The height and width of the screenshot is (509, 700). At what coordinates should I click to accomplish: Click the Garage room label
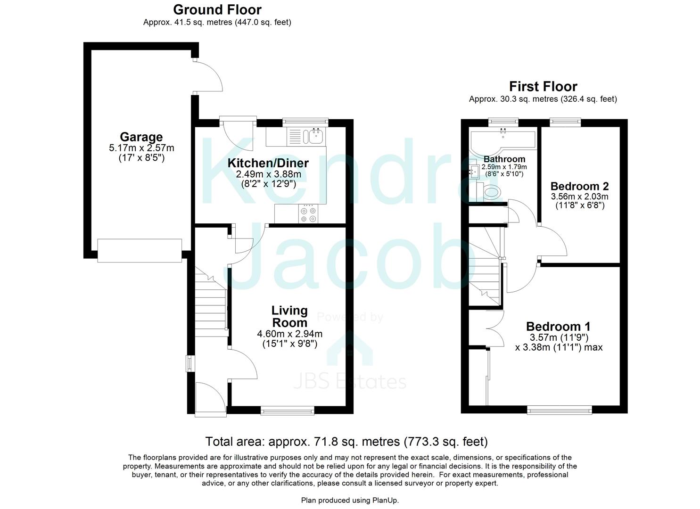pos(141,137)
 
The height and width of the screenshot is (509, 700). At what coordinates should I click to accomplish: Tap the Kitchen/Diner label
pos(268,163)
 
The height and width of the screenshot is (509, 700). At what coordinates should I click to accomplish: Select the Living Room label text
pos(289,317)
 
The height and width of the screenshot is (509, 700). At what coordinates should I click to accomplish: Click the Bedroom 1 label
pos(558,326)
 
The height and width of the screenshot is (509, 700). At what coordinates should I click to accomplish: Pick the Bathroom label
pos(504,159)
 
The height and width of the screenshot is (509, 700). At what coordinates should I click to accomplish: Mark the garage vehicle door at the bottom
pos(140,250)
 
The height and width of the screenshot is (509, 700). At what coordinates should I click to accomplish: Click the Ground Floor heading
pos(217,9)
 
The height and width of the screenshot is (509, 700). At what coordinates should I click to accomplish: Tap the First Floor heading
pos(543,86)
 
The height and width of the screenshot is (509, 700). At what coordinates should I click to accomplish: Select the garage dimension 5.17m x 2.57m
pos(141,148)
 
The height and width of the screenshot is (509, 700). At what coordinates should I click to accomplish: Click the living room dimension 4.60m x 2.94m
pos(289,334)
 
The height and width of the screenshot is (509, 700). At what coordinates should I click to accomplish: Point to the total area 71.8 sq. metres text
pos(346,442)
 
